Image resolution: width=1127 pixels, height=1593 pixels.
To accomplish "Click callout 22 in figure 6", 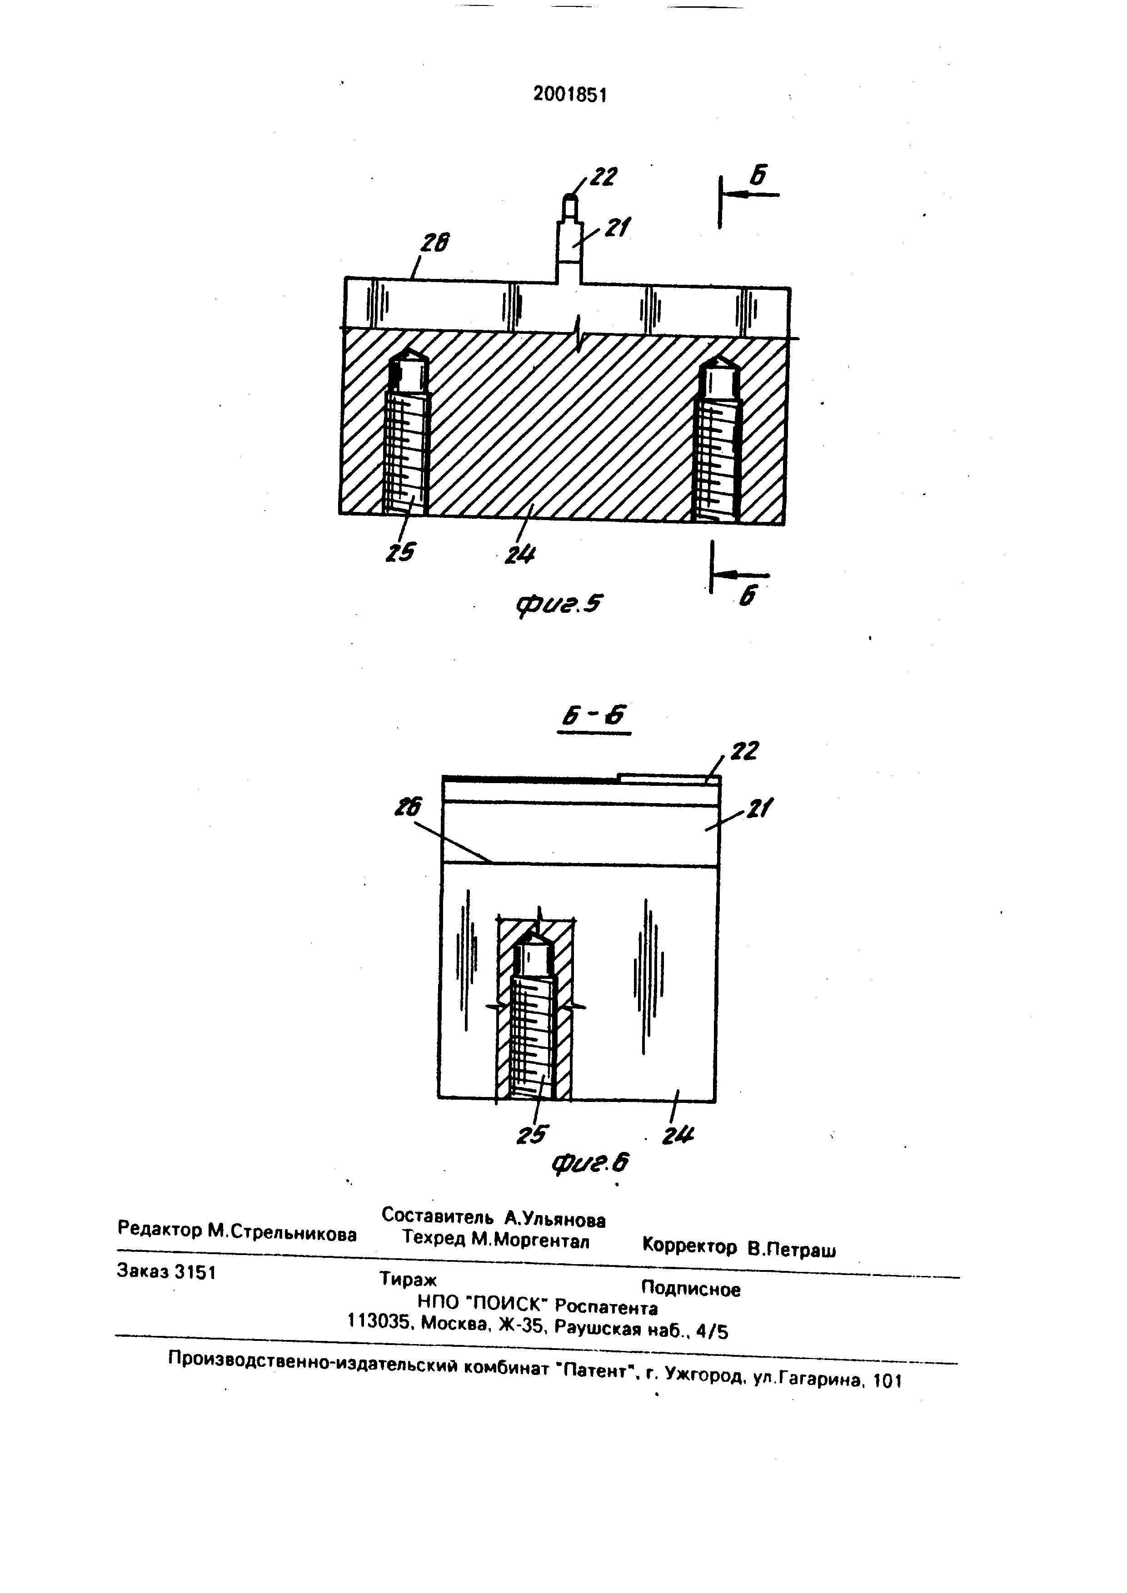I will click(x=744, y=751).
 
